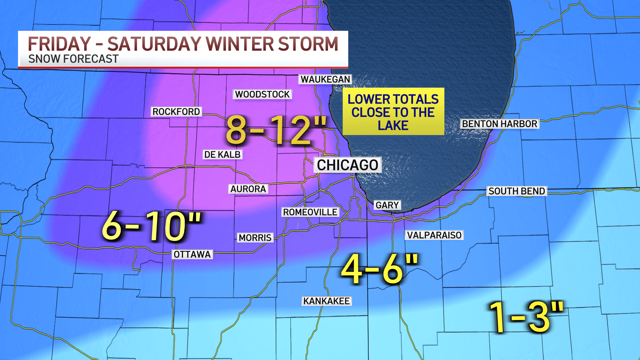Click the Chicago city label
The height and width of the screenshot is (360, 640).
347,165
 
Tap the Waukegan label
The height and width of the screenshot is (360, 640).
325,79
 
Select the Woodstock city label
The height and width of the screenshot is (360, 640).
262,94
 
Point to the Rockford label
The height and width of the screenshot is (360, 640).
176,112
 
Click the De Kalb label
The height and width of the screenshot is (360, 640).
222,155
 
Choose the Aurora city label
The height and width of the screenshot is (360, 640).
248,189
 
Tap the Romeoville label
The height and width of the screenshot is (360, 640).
310,212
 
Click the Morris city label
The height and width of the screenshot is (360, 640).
255,238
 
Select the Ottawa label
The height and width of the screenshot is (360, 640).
192,255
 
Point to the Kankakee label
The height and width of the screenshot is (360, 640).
326,301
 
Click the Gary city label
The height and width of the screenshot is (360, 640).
387,205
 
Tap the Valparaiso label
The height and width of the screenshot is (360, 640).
434,235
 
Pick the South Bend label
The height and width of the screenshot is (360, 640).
517,191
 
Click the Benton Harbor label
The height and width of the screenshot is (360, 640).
500,124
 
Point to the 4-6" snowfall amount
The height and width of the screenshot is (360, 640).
379,269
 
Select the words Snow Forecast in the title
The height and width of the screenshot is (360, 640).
73,59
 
